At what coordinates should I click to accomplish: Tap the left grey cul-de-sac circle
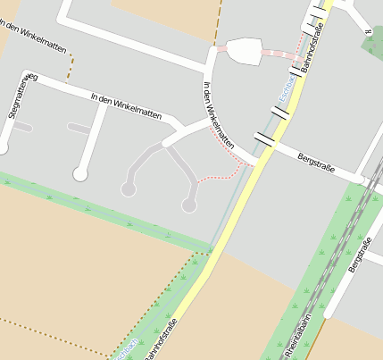(129, 189)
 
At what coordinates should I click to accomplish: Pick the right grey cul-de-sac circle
(189, 205)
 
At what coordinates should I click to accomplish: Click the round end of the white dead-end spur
(81, 174)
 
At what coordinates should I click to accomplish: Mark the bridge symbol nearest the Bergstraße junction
(265, 140)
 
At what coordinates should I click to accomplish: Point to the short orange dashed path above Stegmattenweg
(71, 66)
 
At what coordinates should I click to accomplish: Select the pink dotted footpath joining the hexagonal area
(279, 52)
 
